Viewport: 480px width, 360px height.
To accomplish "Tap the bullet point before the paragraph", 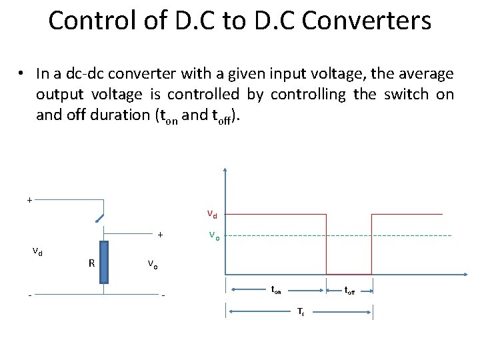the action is (22, 73).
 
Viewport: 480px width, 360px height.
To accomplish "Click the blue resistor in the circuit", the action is (103, 263).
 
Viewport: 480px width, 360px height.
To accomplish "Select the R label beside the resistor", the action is (91, 263).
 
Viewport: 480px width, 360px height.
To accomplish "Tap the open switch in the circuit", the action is (99, 217).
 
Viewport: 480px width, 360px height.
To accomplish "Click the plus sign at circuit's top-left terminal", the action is (29, 199).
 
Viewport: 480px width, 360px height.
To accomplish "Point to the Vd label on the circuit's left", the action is (38, 251).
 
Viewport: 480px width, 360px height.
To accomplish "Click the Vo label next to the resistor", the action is (153, 264).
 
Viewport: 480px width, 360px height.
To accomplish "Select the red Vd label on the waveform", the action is (211, 215).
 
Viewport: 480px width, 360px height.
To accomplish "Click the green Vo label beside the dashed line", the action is (213, 235).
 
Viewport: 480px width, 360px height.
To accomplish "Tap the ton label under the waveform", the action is (276, 290).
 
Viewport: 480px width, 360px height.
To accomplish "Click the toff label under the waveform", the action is (349, 290).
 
